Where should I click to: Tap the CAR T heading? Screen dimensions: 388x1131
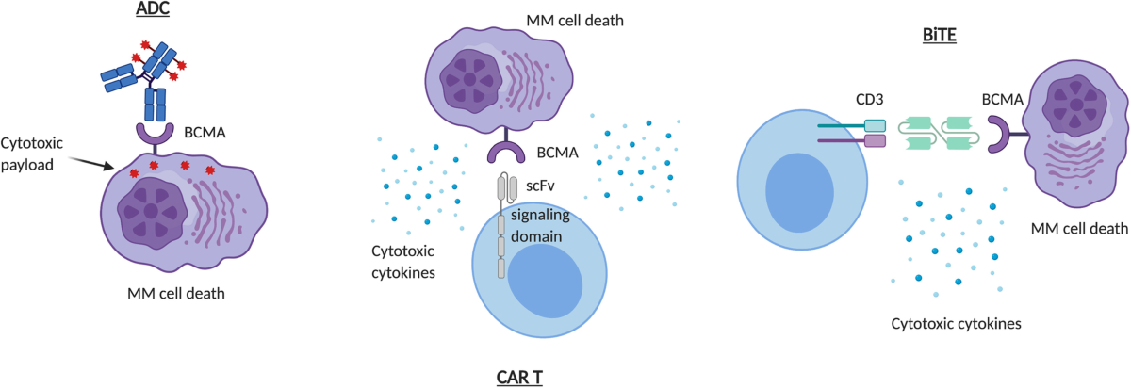click(x=519, y=378)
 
